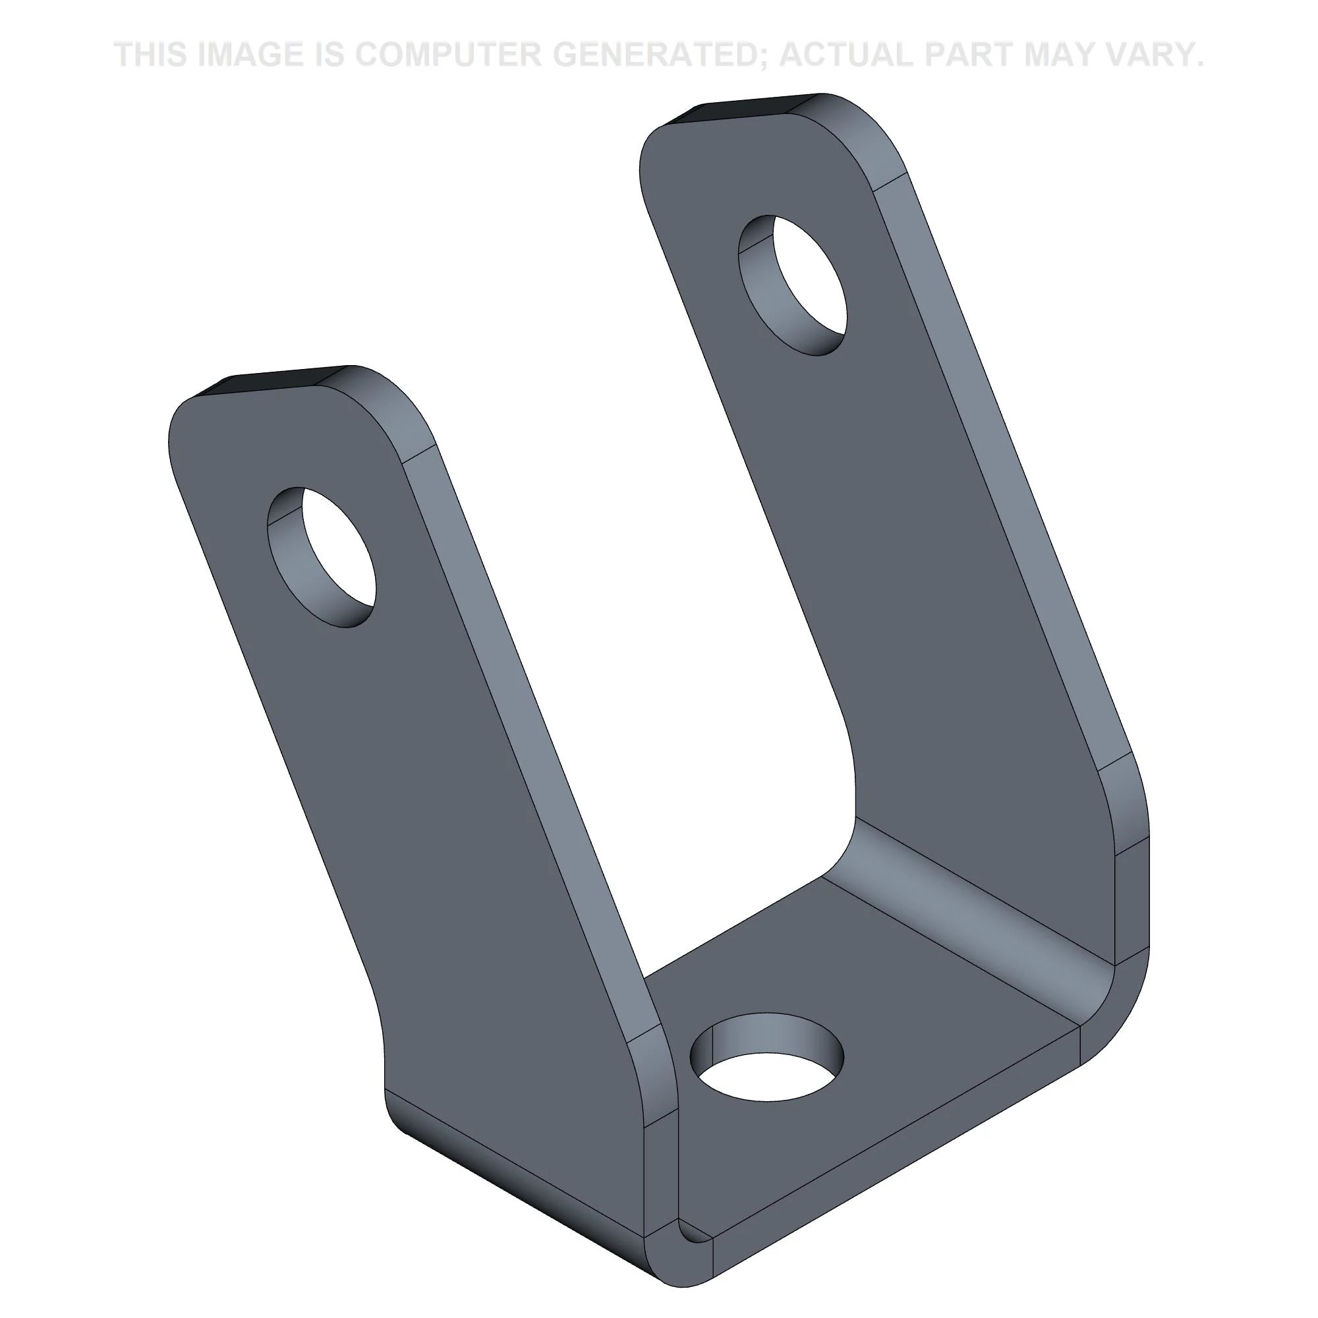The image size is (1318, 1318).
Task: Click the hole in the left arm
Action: tap(322, 556)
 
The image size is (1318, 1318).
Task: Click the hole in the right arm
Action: tap(793, 285)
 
